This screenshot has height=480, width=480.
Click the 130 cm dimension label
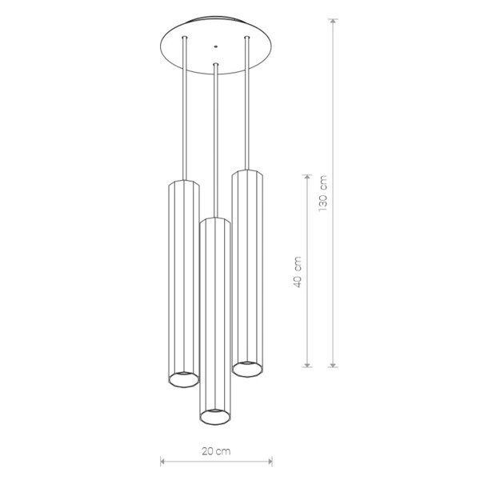pyautogui.click(x=323, y=193)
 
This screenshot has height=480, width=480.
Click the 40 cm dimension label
pyautogui.click(x=298, y=272)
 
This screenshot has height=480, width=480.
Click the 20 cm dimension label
pyautogui.click(x=216, y=451)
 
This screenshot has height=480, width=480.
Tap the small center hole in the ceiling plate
pyautogui.click(x=216, y=46)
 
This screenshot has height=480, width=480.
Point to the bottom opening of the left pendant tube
pyautogui.click(x=184, y=380)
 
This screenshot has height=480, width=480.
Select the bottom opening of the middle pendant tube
pyautogui.click(x=215, y=417)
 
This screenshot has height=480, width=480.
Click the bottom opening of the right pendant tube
pyautogui.click(x=247, y=369)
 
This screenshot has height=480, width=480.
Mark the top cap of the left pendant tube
pyautogui.click(x=184, y=182)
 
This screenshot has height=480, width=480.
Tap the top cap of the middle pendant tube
pyautogui.click(x=215, y=220)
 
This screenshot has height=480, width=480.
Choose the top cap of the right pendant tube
pyautogui.click(x=247, y=172)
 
